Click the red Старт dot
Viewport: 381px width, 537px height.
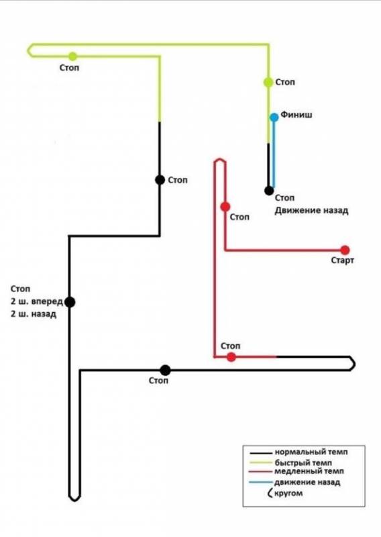coord(345,250)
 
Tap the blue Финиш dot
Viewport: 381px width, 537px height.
coord(274,117)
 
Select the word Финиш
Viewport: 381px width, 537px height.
coord(296,115)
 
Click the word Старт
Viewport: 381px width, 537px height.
coord(342,260)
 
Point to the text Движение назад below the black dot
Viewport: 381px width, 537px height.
coord(311,210)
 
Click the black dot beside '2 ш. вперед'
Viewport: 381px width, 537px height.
coord(70,302)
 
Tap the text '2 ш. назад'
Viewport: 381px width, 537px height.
coord(34,314)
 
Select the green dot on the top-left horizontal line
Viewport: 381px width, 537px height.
coord(72,56)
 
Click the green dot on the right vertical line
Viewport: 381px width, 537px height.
coord(268,82)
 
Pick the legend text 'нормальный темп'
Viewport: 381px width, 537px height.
coord(311,452)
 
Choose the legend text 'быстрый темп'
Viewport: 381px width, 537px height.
coord(303,462)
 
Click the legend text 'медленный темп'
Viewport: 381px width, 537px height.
coord(309,471)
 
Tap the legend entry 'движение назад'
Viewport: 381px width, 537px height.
coord(307,483)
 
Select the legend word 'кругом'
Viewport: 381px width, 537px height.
coord(288,493)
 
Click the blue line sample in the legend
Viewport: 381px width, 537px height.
coord(261,483)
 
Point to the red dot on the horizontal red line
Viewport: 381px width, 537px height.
coord(231,357)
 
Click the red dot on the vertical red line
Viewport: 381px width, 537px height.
coord(225,207)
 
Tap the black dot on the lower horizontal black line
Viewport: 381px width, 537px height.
coord(165,371)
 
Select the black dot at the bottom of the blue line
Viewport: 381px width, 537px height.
coord(269,191)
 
